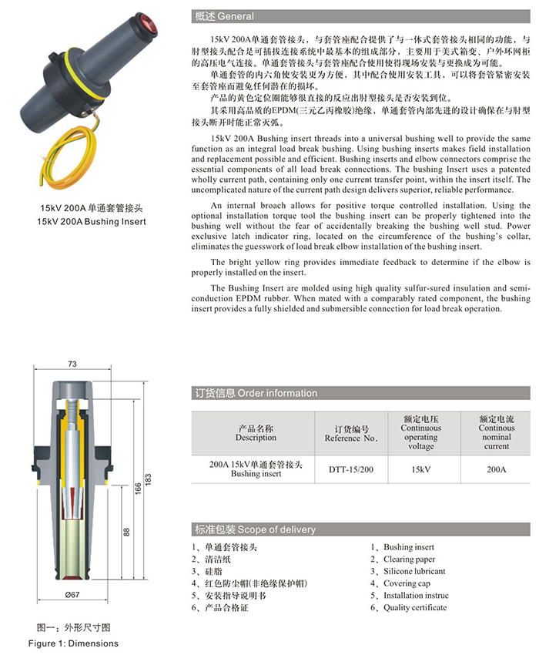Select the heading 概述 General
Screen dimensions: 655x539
pyautogui.click(x=223, y=16)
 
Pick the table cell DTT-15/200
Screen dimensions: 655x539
pyautogui.click(x=350, y=469)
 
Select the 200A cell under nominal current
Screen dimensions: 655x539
pyautogui.click(x=497, y=469)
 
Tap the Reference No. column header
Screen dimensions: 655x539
pyautogui.click(x=350, y=433)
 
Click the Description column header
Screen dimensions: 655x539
pyautogui.click(x=256, y=433)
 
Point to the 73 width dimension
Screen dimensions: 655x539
pyautogui.click(x=72, y=364)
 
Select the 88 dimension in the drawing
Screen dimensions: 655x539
pyautogui.click(x=126, y=532)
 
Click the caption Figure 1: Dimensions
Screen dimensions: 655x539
pyautogui.click(x=74, y=643)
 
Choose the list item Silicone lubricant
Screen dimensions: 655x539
pyautogui.click(x=414, y=571)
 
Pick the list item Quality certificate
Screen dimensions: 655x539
pyautogui.click(x=414, y=607)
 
